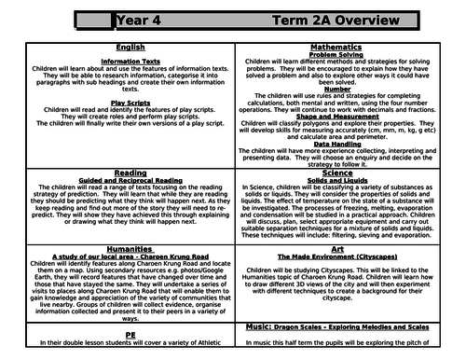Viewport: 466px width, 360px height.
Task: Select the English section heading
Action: (x=129, y=47)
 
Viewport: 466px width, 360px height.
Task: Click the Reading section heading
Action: (x=129, y=172)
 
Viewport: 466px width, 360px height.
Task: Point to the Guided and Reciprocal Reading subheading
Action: (x=129, y=180)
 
